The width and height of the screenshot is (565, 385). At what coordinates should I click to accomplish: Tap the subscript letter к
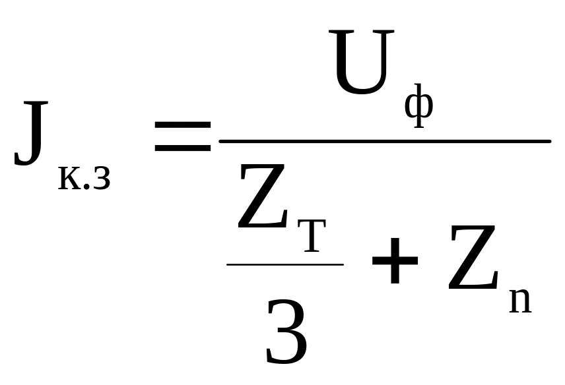[x=69, y=179]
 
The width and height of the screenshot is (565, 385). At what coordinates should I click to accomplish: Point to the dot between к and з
[x=85, y=189]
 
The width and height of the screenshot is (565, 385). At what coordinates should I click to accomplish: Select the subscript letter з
[x=100, y=179]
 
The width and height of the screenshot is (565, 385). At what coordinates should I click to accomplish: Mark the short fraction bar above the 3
[x=284, y=264]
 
